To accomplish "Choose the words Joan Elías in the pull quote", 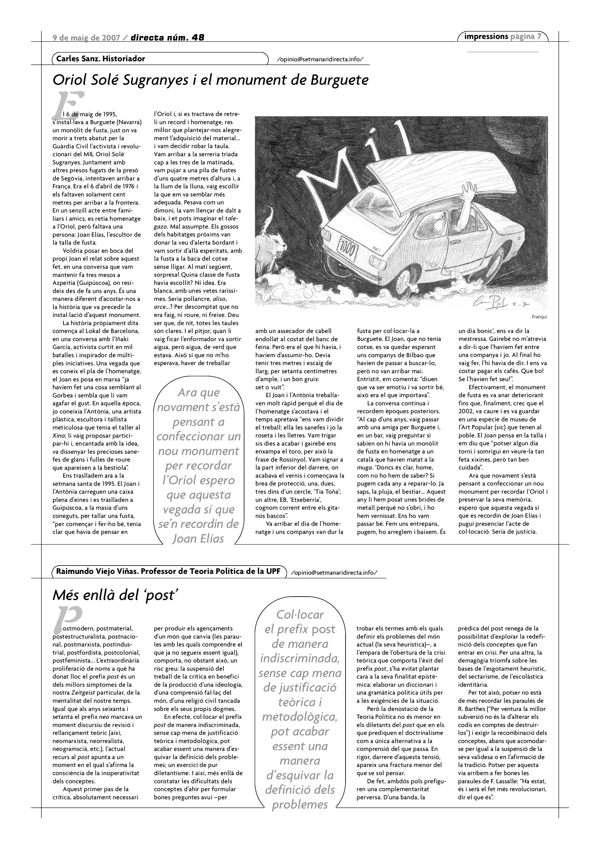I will [x=198, y=538].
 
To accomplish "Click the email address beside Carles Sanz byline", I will [x=320, y=59].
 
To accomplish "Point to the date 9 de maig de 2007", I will [x=86, y=37].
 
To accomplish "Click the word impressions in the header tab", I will [x=486, y=36].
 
